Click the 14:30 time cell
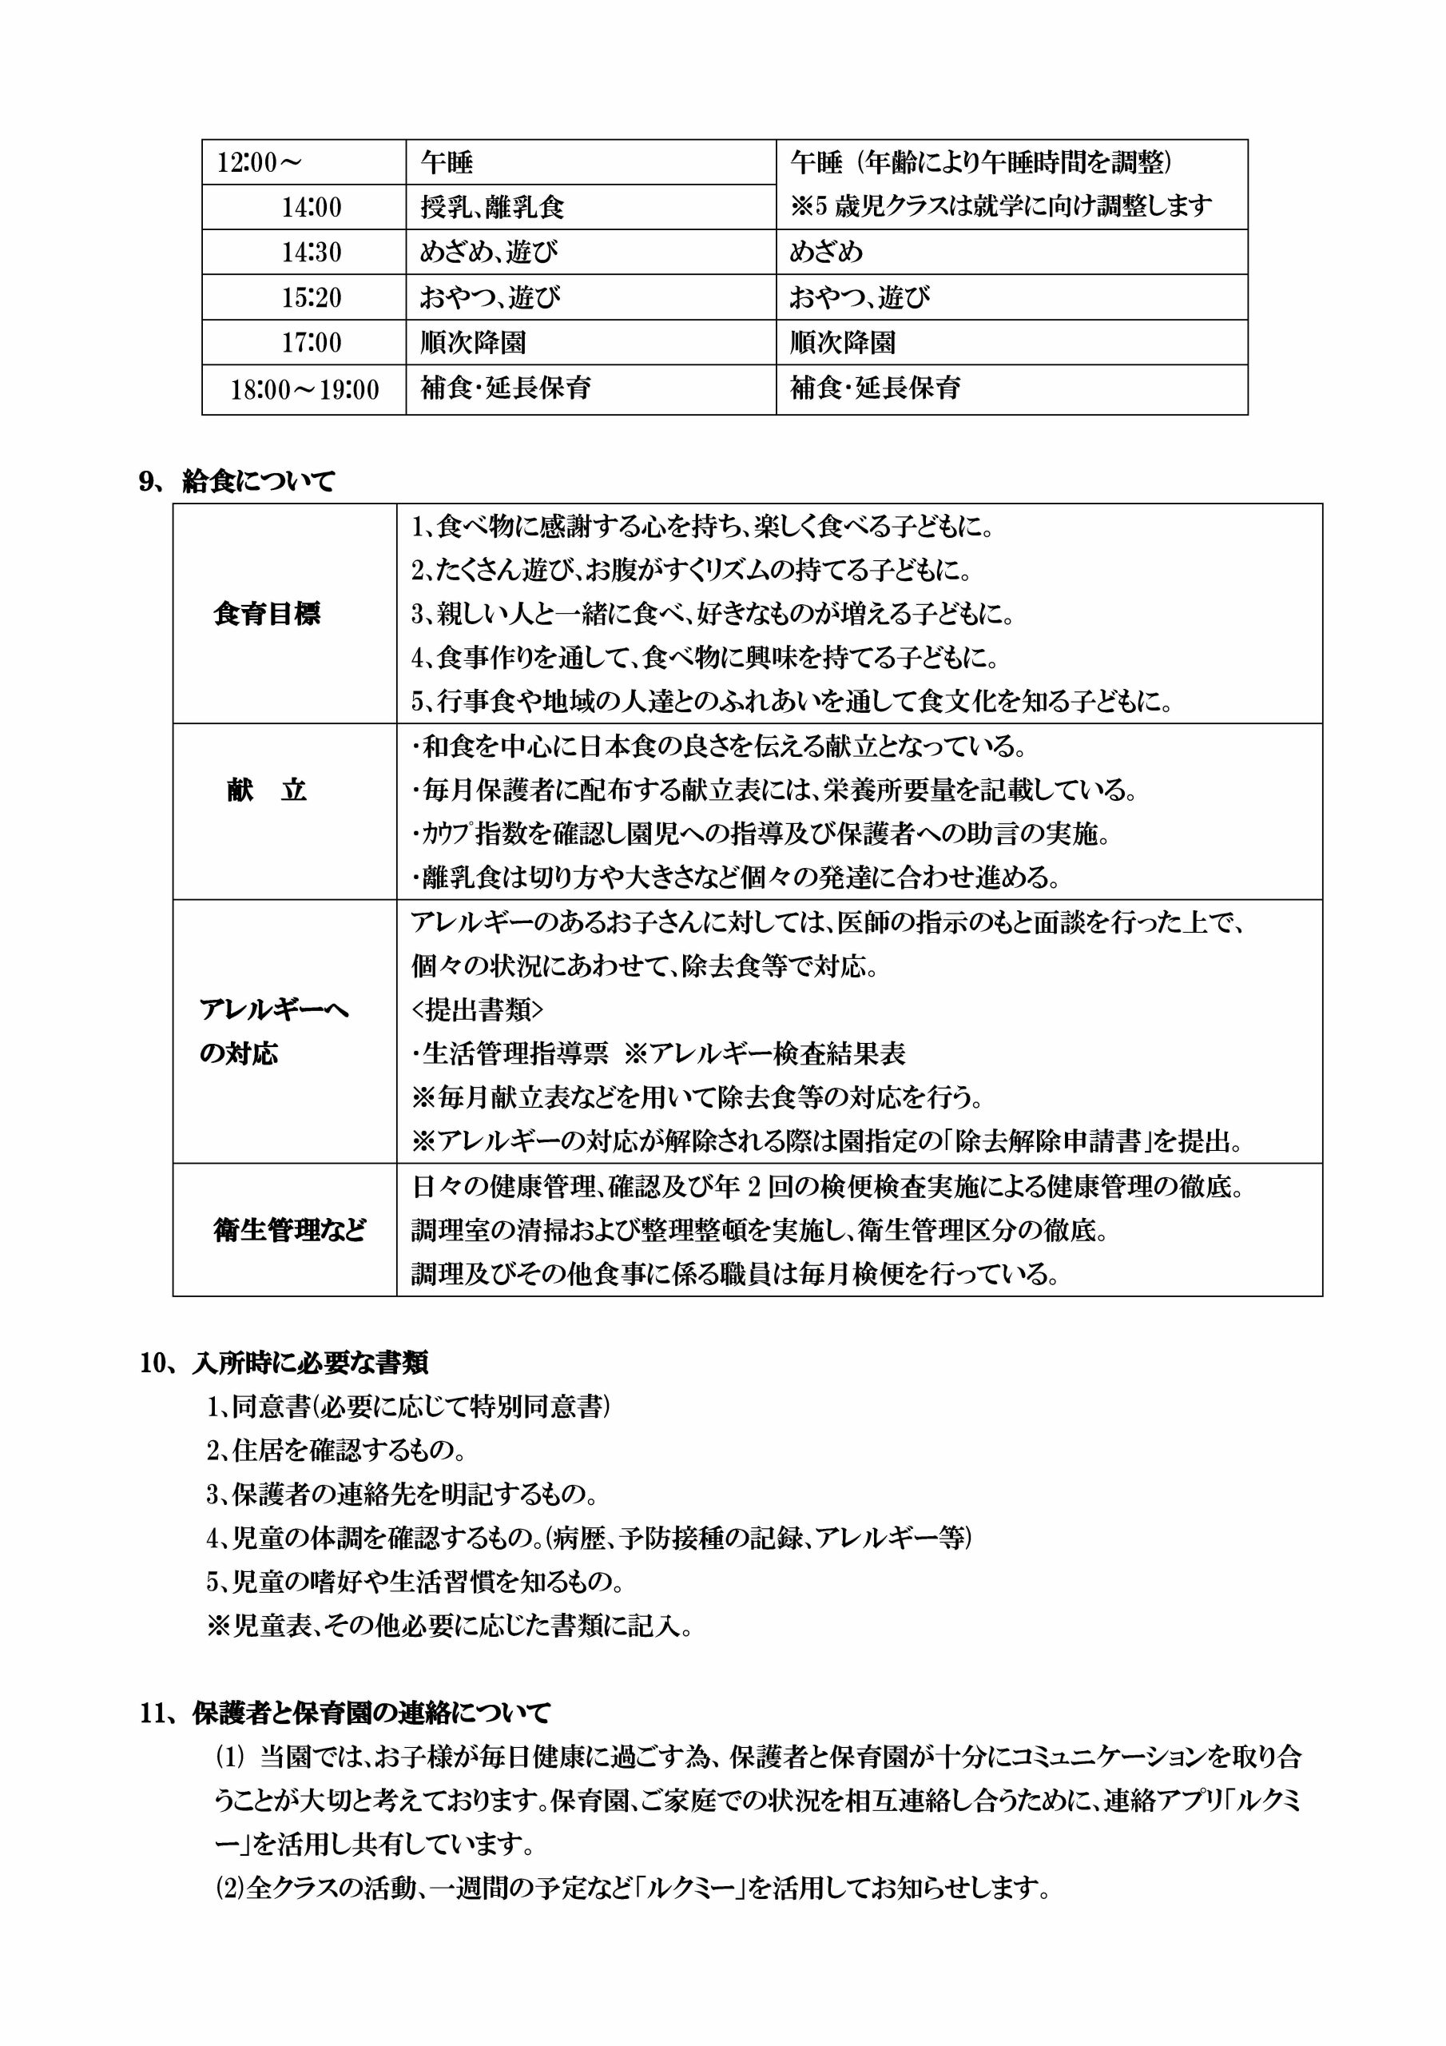[x=312, y=253]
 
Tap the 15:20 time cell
[x=312, y=297]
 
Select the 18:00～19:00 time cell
[x=304, y=388]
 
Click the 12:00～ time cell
[x=260, y=162]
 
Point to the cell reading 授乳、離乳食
[x=493, y=208]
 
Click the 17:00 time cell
[x=312, y=343]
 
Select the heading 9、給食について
[x=237, y=482]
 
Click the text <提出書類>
[x=478, y=1010]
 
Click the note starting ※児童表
[x=450, y=1626]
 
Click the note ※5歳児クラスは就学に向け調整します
[x=1000, y=207]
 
